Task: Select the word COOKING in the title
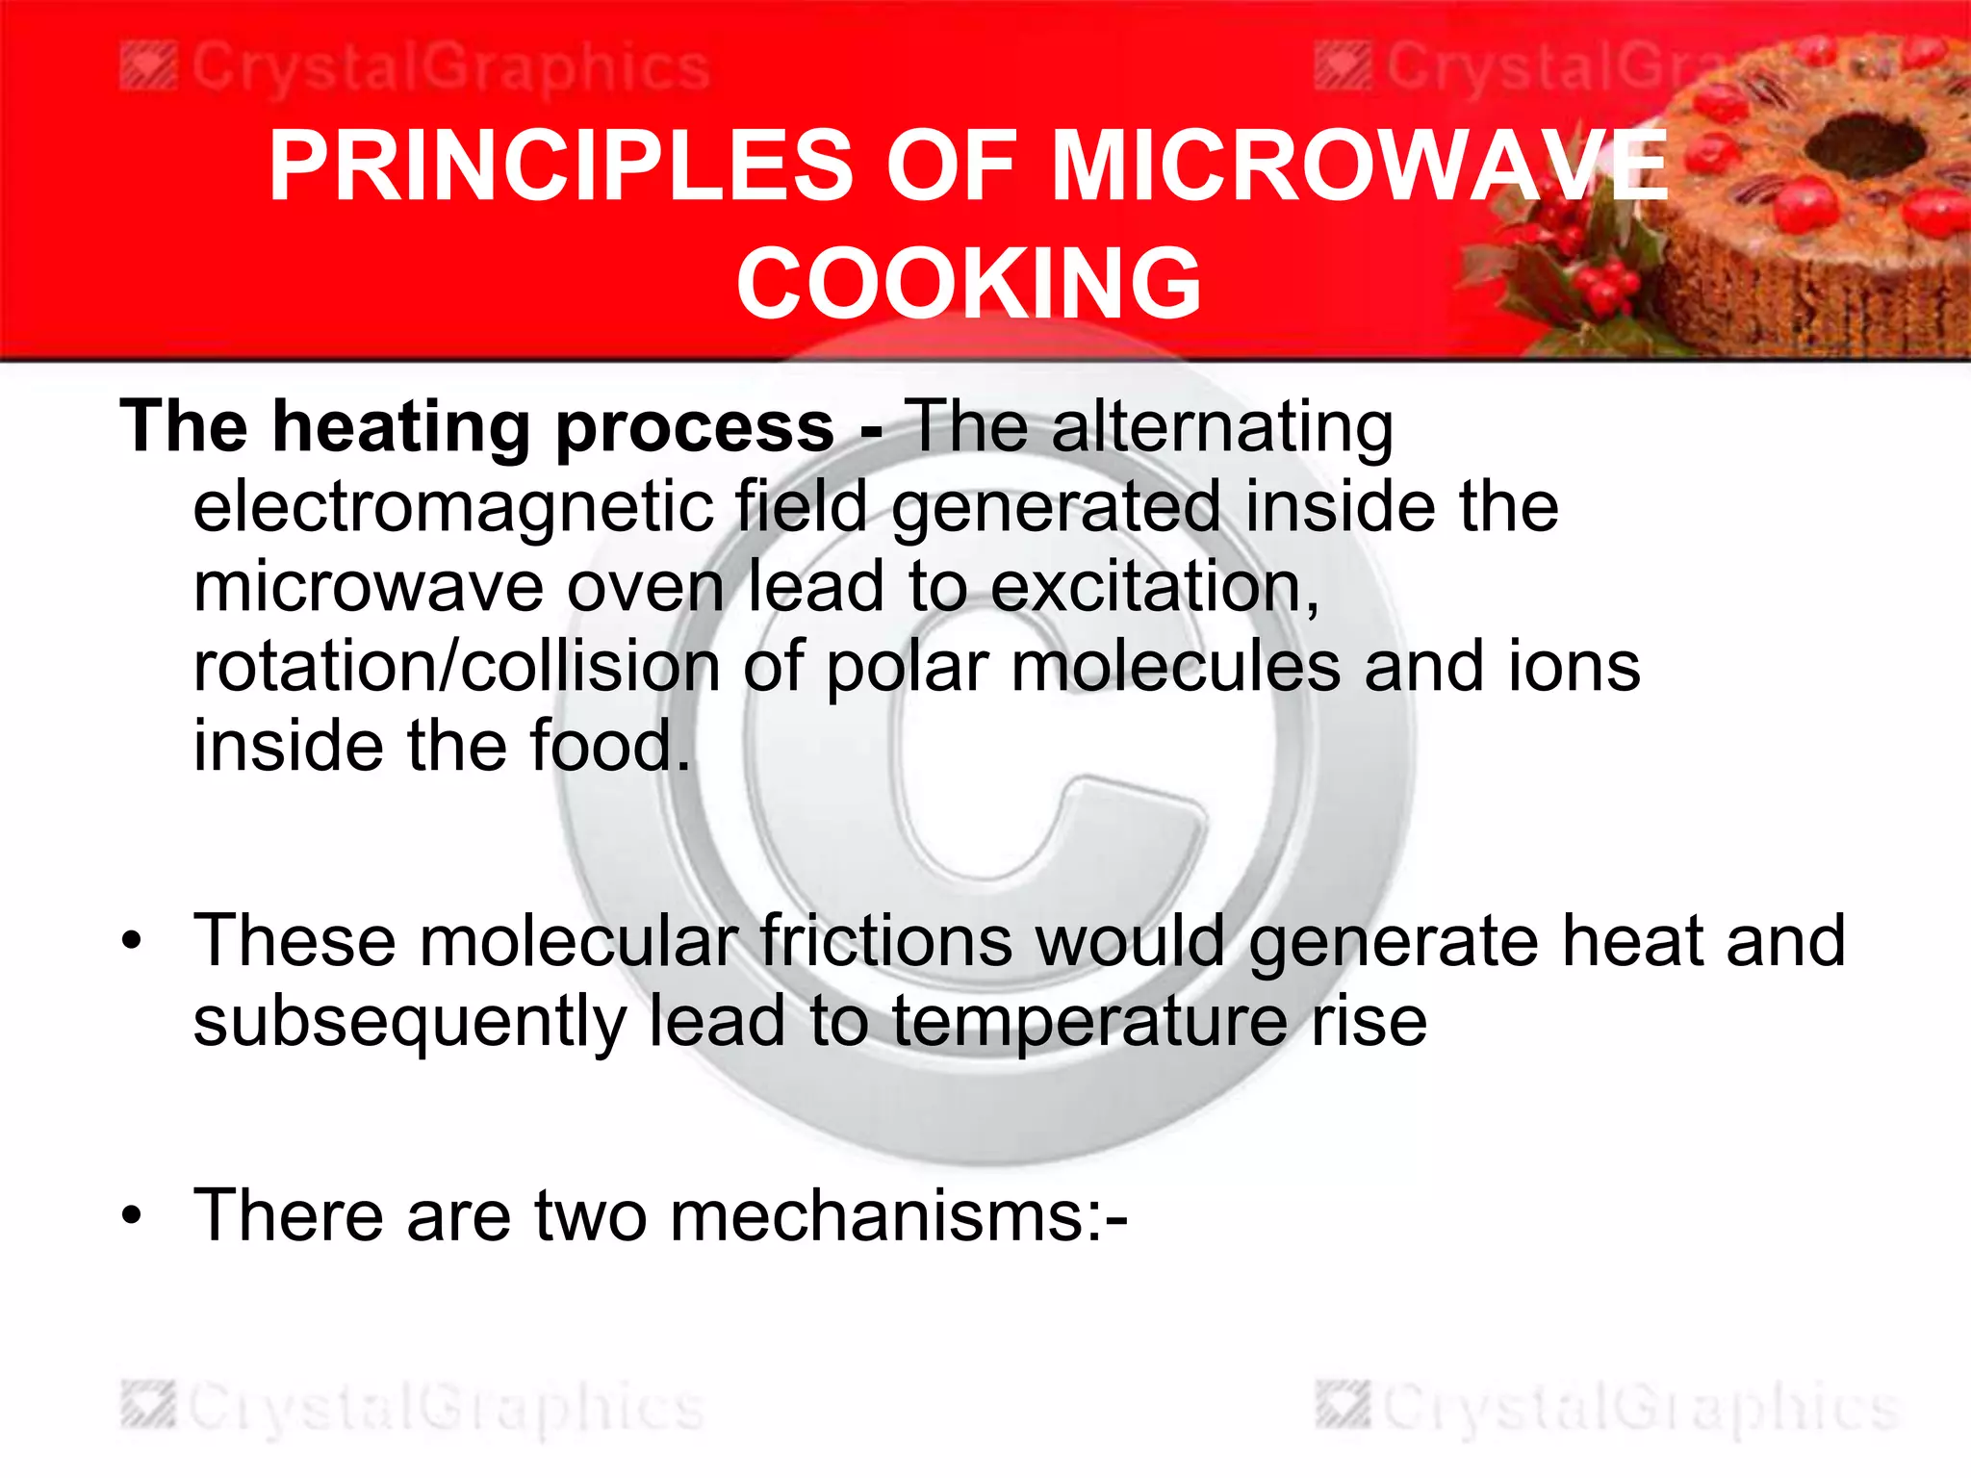968,283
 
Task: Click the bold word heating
400,427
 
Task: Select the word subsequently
409,1022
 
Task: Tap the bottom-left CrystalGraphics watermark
414,1408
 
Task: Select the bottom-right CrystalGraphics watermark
1607,1408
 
